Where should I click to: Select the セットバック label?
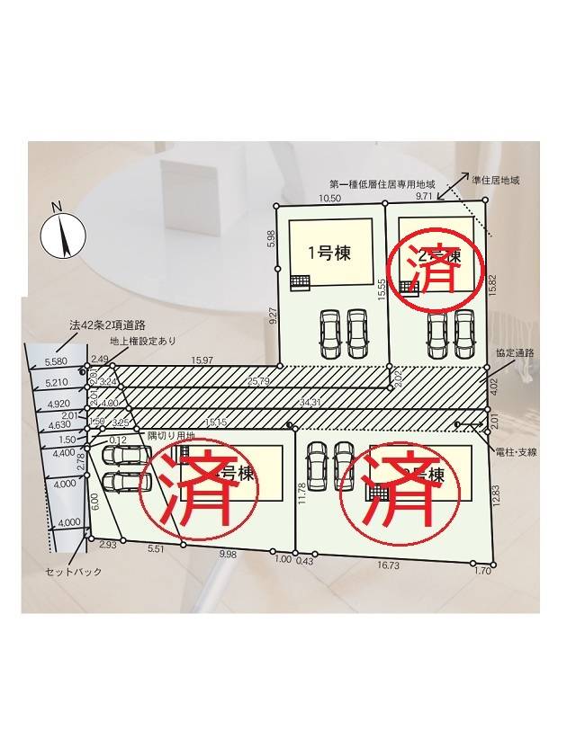[74, 571]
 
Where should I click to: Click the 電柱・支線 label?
[517, 452]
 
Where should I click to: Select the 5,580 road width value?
[56, 361]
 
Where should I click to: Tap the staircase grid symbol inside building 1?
[300, 282]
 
